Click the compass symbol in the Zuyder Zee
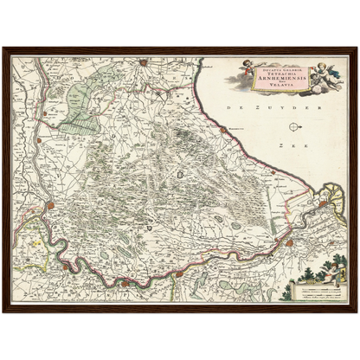click(295, 127)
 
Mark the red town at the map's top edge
click(144, 61)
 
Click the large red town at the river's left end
click(51, 206)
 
